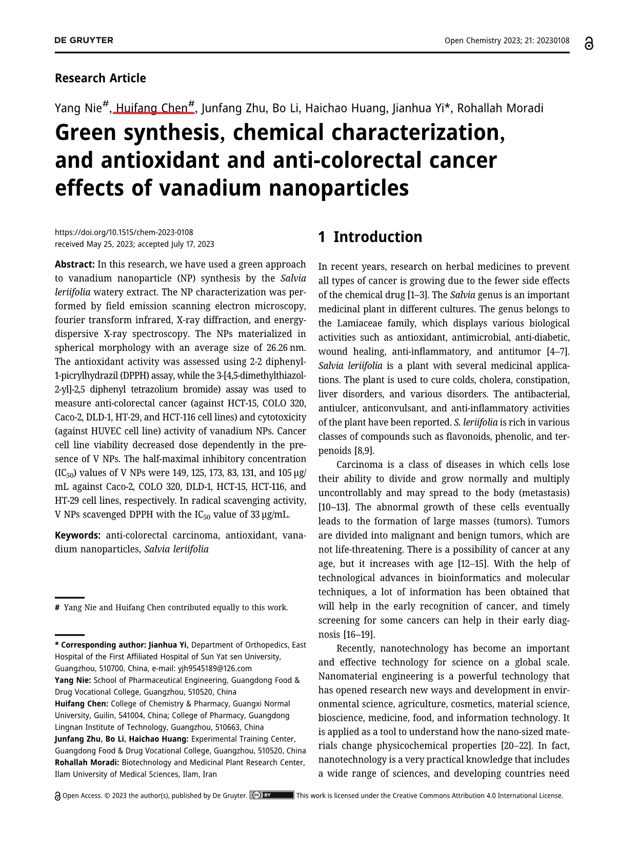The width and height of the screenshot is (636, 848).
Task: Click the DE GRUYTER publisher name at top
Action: [84, 41]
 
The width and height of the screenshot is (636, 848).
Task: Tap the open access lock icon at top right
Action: [589, 44]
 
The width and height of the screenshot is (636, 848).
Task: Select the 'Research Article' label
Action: [100, 78]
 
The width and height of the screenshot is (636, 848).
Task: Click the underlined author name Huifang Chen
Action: [152, 108]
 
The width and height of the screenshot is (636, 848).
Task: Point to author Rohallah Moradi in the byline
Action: [500, 108]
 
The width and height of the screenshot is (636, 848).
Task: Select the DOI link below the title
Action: [124, 232]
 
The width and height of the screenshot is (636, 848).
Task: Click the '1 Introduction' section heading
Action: [370, 237]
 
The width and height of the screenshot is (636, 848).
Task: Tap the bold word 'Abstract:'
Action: [74, 265]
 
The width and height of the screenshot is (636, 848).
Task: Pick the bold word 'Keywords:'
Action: [78, 536]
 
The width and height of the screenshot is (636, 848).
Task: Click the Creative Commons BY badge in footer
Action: [271, 796]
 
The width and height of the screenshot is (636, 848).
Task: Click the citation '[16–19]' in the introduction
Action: [357, 634]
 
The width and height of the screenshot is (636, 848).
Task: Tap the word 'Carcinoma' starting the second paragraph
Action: [359, 465]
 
